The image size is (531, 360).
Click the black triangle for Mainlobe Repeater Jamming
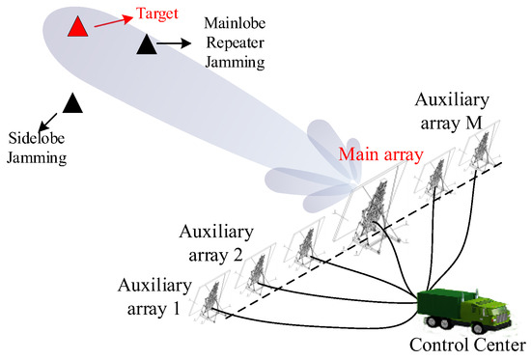tap(146, 43)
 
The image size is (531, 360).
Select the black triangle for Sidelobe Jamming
tap(71, 100)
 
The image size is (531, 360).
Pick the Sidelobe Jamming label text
tap(36, 143)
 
